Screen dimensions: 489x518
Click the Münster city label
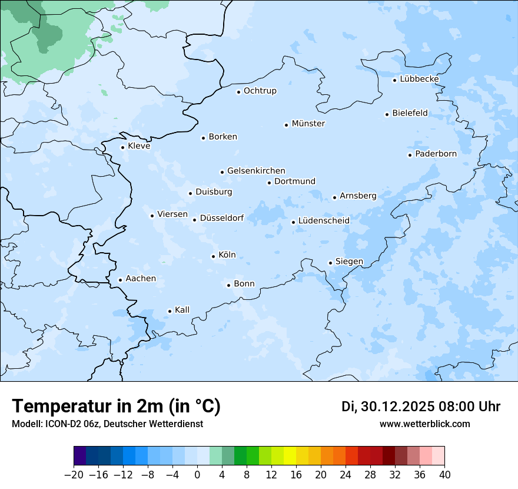point(308,124)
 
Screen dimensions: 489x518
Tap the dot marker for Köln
point(213,256)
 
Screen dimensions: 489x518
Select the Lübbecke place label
point(419,79)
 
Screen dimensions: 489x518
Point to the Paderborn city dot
point(410,155)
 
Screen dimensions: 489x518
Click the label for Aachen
point(141,279)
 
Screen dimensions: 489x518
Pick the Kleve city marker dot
point(122,147)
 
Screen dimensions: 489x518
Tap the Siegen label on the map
point(349,262)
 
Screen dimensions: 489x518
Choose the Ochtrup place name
point(260,91)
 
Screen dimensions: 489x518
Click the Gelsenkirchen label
point(256,171)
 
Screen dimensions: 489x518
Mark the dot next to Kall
point(170,311)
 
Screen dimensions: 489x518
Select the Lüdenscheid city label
point(324,221)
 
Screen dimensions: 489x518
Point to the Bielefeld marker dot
point(387,114)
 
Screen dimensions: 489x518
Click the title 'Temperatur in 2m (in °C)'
point(116,407)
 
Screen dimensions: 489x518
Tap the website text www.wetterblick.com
point(424,424)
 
